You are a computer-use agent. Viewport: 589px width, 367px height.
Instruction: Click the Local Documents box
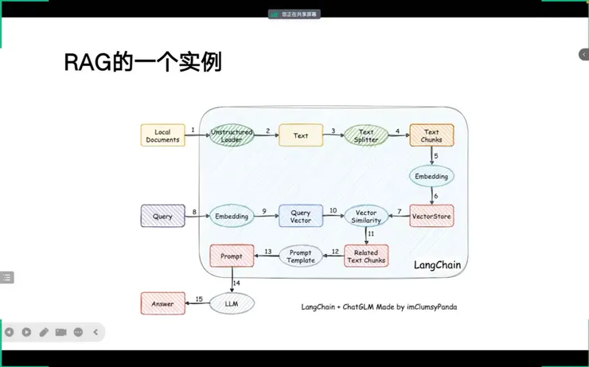[x=162, y=136]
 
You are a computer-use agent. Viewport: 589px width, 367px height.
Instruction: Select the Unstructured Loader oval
[x=232, y=136]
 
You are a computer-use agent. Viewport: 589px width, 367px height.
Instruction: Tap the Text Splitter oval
[x=366, y=136]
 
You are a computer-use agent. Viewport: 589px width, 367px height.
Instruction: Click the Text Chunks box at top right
[x=431, y=136]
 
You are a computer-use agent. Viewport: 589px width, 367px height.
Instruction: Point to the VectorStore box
[x=431, y=216]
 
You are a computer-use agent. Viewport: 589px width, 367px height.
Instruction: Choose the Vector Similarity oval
[x=366, y=216]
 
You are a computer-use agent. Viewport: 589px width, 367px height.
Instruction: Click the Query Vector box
[x=300, y=216]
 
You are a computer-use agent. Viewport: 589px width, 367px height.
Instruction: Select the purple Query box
[x=162, y=216]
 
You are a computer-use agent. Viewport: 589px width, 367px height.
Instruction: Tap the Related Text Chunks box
[x=366, y=256]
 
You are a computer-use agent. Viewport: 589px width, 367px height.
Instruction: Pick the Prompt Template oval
[x=300, y=256]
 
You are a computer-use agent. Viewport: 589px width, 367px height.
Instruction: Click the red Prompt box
[x=232, y=256]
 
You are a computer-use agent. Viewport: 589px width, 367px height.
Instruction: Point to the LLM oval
[x=232, y=303]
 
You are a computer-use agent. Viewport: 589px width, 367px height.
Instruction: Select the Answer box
[x=162, y=303]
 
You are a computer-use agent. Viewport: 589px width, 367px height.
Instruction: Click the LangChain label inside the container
[x=437, y=264]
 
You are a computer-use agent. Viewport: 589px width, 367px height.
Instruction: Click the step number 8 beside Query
[x=193, y=211]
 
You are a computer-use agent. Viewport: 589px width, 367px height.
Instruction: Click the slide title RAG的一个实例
[x=142, y=63]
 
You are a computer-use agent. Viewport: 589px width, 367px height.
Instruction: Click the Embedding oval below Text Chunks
[x=431, y=176]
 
